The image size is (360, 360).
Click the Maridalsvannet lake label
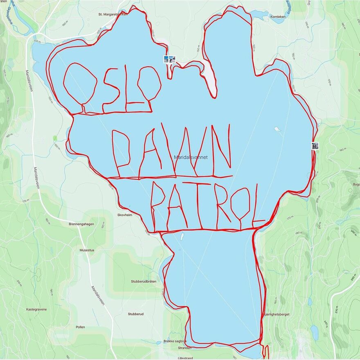point(191,157)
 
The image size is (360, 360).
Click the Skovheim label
point(125,214)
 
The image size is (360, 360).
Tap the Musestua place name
point(86,250)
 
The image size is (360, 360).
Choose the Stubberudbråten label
point(144,281)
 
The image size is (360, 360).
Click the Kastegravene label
point(36,309)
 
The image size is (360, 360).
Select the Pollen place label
point(80,327)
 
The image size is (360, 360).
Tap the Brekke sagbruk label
point(175,341)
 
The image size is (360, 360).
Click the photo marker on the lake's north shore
point(169,59)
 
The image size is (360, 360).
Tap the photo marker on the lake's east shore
point(315,145)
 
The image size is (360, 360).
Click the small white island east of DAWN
point(277,129)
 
